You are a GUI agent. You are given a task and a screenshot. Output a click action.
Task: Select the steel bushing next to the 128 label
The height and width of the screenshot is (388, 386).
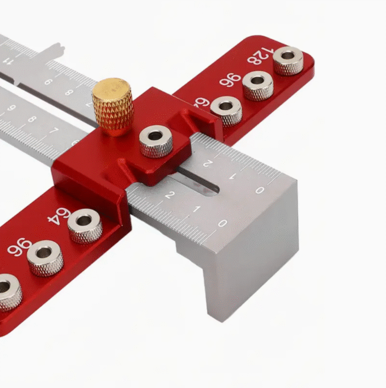pyautogui.click(x=288, y=61)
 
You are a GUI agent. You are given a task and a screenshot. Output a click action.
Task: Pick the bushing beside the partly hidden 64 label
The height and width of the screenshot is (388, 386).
pyautogui.click(x=226, y=110)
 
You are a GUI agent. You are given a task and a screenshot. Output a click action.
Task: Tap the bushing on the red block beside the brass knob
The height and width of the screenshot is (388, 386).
pyautogui.click(x=156, y=141)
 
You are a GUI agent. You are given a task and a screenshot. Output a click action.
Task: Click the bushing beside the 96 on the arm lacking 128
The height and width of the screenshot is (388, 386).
pyautogui.click(x=45, y=257)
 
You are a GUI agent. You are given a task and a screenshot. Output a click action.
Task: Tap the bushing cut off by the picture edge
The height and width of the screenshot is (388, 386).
pyautogui.click(x=8, y=290)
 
